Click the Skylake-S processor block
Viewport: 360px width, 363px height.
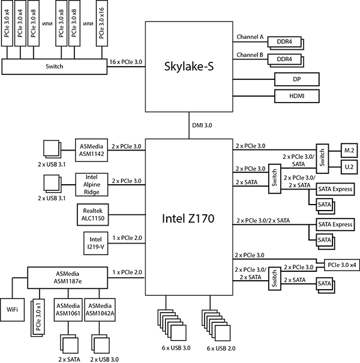pos(189,66)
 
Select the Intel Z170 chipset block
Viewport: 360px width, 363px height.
pos(189,218)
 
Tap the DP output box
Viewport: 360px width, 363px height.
pos(296,79)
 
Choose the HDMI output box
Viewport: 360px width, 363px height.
pos(296,96)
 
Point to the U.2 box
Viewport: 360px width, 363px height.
pos(348,165)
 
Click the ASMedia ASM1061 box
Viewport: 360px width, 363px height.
pos(68,309)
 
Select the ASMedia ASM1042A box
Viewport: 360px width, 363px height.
pos(99,309)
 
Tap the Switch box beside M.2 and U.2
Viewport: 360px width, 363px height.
pos(321,157)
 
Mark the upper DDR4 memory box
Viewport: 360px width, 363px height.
pos(284,42)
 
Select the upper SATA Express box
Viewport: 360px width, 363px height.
pos(335,189)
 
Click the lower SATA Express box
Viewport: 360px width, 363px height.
pos(335,224)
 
